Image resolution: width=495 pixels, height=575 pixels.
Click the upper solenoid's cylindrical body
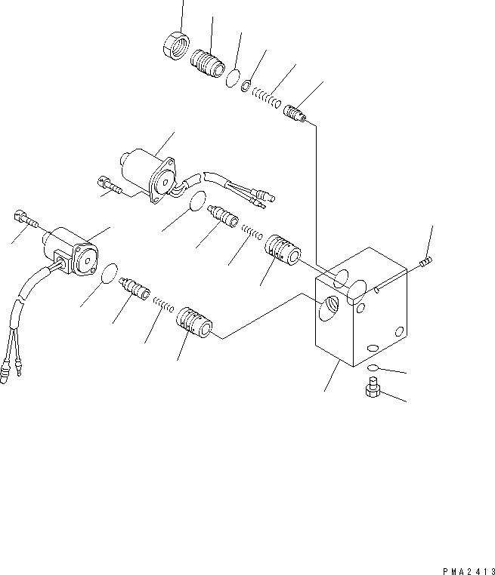click(144, 167)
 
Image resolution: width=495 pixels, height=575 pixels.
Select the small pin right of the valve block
click(424, 262)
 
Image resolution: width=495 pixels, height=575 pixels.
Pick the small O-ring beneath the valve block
click(373, 367)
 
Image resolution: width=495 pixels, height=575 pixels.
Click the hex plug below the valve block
click(371, 390)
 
